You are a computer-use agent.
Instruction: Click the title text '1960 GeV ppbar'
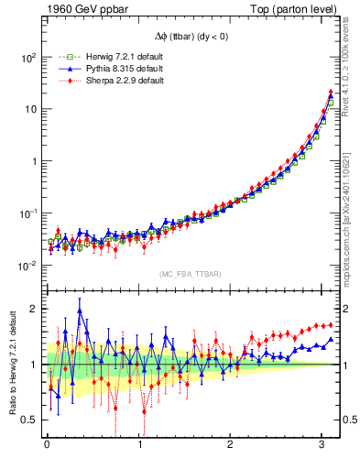point(53,8)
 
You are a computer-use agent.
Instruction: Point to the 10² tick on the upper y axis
point(28,57)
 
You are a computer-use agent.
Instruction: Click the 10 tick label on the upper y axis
point(31,109)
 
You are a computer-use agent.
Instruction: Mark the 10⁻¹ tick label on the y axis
point(28,213)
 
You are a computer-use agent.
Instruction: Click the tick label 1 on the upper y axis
point(35,161)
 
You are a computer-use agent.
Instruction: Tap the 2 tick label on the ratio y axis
point(34,309)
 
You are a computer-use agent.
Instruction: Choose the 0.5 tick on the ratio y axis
point(29,420)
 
